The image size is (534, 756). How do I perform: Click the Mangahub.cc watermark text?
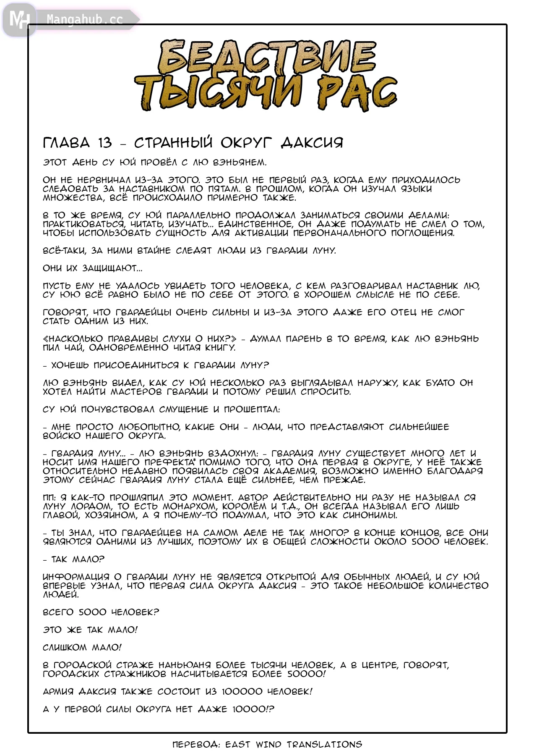(x=85, y=20)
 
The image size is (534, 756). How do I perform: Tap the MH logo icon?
(x=19, y=19)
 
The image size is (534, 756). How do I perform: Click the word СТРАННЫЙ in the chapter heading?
(x=173, y=143)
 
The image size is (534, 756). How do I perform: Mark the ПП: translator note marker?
(x=49, y=498)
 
